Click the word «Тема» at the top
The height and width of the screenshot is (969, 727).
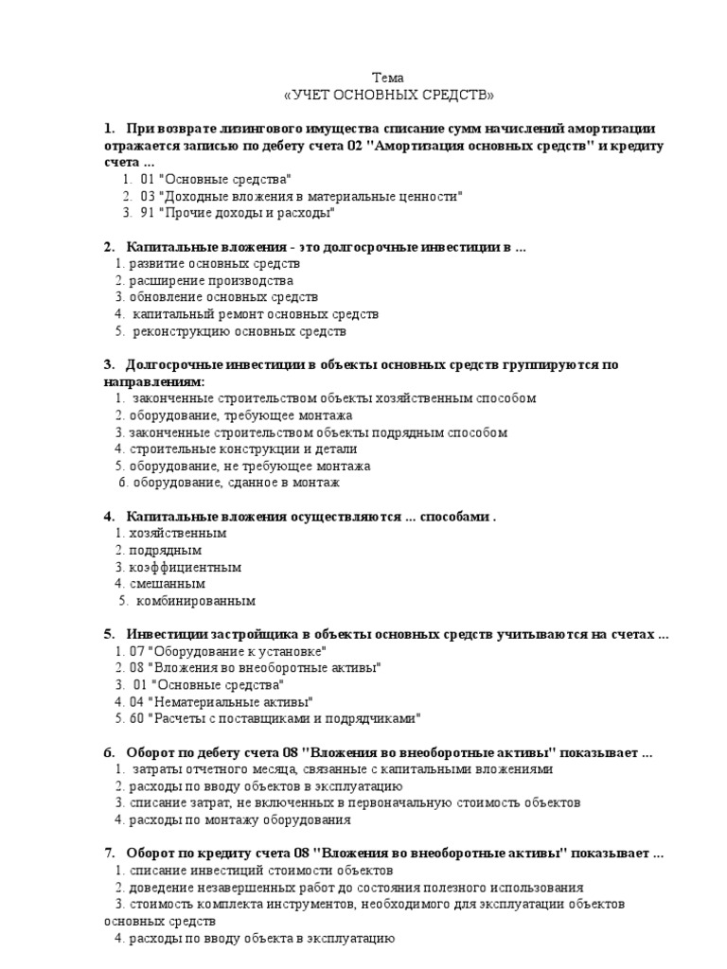click(x=388, y=78)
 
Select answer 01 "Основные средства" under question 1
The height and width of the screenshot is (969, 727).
click(x=215, y=179)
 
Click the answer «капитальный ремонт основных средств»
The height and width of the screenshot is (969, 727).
click(x=255, y=314)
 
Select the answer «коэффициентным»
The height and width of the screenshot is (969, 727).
click(x=185, y=567)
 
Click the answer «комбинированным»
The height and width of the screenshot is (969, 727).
click(x=195, y=601)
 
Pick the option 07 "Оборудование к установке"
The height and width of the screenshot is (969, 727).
click(x=227, y=651)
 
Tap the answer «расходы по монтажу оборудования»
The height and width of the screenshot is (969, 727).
click(x=239, y=820)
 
